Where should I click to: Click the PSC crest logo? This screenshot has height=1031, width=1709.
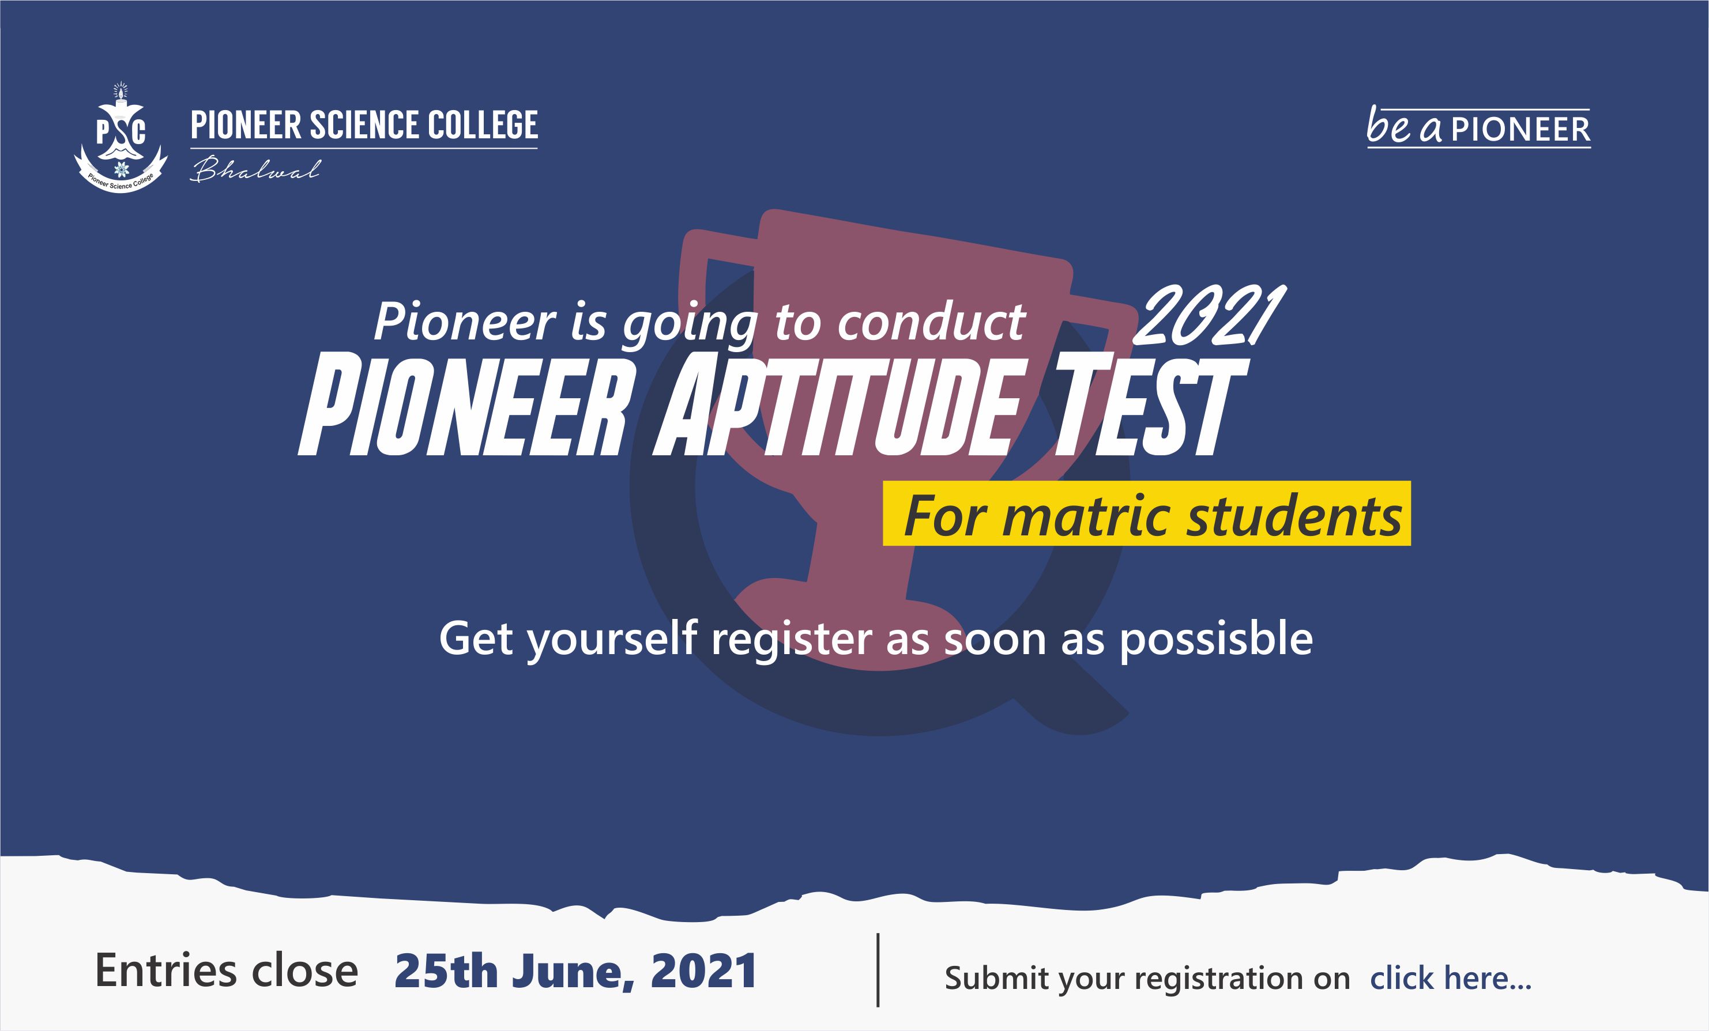(121, 139)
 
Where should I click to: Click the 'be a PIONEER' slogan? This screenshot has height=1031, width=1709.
(1479, 127)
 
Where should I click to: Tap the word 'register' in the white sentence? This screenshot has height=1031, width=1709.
(792, 640)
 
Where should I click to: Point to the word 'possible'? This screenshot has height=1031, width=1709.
(1217, 639)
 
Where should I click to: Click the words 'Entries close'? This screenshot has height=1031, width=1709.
(226, 970)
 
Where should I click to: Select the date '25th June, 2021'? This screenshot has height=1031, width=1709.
(575, 970)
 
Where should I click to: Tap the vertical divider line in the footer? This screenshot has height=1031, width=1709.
(878, 970)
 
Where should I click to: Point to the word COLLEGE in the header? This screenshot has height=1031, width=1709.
(483, 126)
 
